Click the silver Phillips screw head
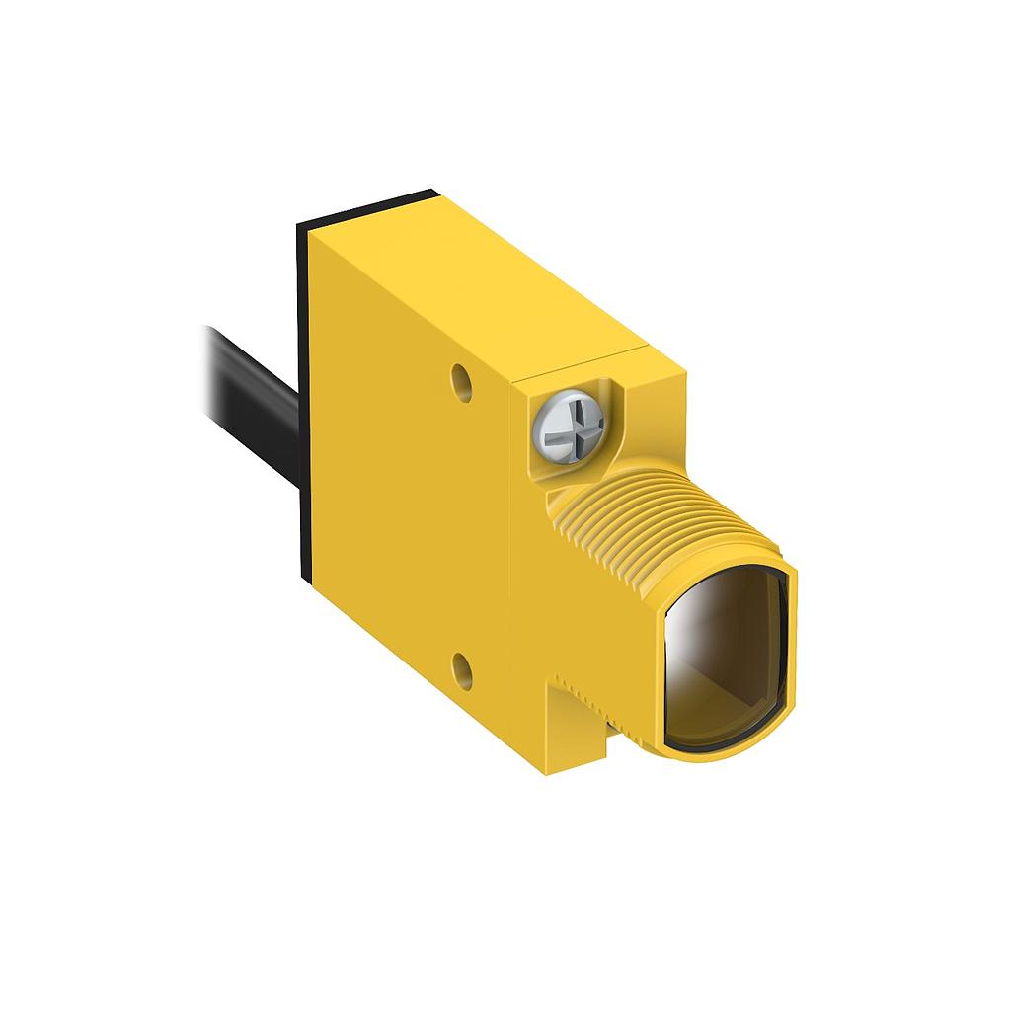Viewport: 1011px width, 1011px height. tap(567, 426)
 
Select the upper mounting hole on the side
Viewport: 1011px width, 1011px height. tap(461, 381)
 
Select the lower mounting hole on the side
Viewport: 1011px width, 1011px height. tap(462, 670)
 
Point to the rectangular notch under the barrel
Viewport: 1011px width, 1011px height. tap(583, 731)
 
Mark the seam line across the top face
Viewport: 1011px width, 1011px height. tap(583, 360)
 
